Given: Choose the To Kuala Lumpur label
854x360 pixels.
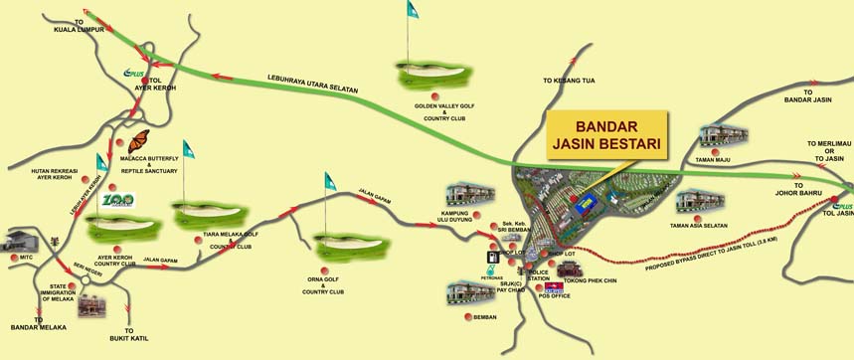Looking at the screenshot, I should tap(75, 24).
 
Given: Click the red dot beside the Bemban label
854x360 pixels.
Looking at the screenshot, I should tap(468, 317).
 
